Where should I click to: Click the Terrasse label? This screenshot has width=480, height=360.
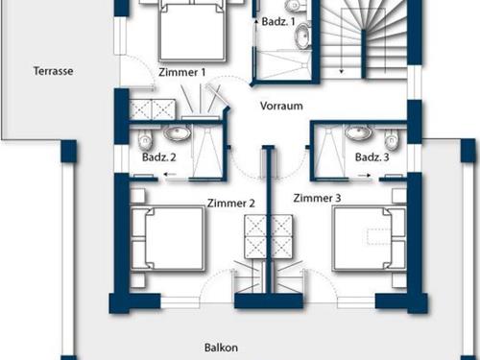point(54,71)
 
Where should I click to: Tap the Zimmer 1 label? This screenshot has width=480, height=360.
point(181,72)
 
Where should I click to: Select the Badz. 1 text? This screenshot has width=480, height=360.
point(278,21)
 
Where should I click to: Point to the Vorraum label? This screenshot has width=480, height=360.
point(281,106)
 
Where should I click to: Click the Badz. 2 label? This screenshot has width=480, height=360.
point(159,157)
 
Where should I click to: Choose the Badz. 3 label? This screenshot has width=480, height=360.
point(372,157)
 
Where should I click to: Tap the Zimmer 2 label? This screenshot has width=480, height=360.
point(231,204)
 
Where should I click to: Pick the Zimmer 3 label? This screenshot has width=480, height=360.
point(317,198)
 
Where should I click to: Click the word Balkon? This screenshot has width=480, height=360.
point(221,348)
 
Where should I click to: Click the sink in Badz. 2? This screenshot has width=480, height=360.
point(177,133)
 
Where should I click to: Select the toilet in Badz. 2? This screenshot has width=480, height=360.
point(145,140)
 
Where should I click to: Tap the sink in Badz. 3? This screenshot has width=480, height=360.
point(358,132)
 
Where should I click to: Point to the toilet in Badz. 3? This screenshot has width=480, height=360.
point(391,140)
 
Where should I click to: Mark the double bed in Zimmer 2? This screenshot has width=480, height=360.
point(168,238)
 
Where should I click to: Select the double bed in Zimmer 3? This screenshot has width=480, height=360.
point(370,238)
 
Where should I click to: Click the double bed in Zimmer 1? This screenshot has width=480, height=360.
point(192,31)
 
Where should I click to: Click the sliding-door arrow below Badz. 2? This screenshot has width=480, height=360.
point(170,175)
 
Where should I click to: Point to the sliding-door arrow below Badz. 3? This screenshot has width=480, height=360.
point(364,175)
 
